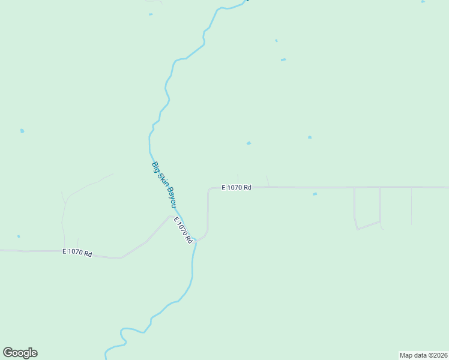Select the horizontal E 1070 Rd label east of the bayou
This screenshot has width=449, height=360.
[x=236, y=188]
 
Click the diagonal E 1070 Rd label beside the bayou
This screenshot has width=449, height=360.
[x=183, y=230]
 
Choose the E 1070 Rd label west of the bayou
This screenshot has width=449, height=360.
[x=77, y=253]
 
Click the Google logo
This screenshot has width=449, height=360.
[x=20, y=353]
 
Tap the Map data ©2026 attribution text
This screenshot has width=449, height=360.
[x=423, y=355]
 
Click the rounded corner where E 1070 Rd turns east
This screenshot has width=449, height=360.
[x=209, y=190]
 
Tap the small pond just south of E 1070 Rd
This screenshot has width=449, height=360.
[x=315, y=194]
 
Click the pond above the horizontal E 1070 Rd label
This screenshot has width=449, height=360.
[x=249, y=143]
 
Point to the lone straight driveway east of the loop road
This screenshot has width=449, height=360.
[x=411, y=206]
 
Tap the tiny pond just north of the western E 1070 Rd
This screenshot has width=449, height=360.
[x=19, y=236]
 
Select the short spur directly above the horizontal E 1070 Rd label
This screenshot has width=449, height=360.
[x=238, y=179]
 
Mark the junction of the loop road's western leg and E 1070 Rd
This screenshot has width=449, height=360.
[x=354, y=188]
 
